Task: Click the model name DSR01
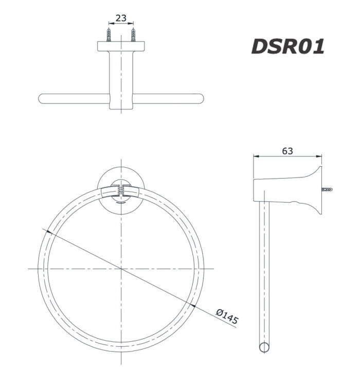coord(287,46)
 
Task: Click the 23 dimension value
coord(121,18)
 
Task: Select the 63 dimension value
coord(287,151)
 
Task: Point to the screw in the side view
coord(328,189)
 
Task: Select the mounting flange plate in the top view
coord(121,46)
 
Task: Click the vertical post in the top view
coord(121,77)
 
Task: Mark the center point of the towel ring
coord(121,269)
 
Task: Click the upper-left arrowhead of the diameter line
coord(48,232)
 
